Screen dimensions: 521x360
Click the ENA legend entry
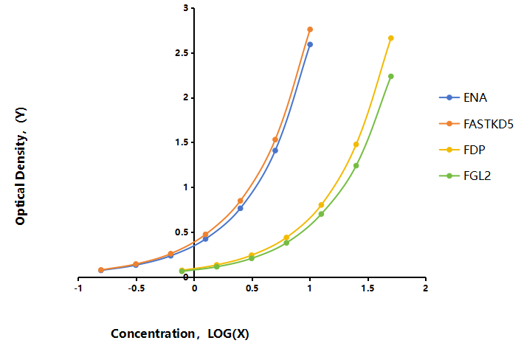pos(463,97)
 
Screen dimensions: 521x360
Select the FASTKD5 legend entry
pos(476,124)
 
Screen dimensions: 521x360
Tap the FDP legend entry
pos(462,150)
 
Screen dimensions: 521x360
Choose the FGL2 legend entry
pos(465,176)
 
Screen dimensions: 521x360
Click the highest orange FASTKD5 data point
pos(310,30)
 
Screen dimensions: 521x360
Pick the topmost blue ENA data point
pos(310,44)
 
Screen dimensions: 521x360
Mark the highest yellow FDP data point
pos(391,38)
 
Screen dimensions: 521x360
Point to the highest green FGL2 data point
pos(391,77)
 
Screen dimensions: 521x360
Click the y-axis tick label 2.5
pos(182,53)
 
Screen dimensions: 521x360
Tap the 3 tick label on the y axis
pos(185,8)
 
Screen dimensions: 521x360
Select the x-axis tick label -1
pos(78,288)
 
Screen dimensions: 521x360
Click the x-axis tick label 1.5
pos(368,288)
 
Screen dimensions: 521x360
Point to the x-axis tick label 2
pos(425,288)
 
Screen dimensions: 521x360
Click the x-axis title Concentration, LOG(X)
pos(180,333)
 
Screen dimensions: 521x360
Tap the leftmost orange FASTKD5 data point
pos(101,270)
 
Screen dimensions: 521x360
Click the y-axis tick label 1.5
pos(182,142)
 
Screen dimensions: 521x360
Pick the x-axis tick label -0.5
pos(136,288)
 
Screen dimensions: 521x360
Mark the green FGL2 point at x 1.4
pos(356,166)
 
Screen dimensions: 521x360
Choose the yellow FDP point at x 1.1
pos(321,205)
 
